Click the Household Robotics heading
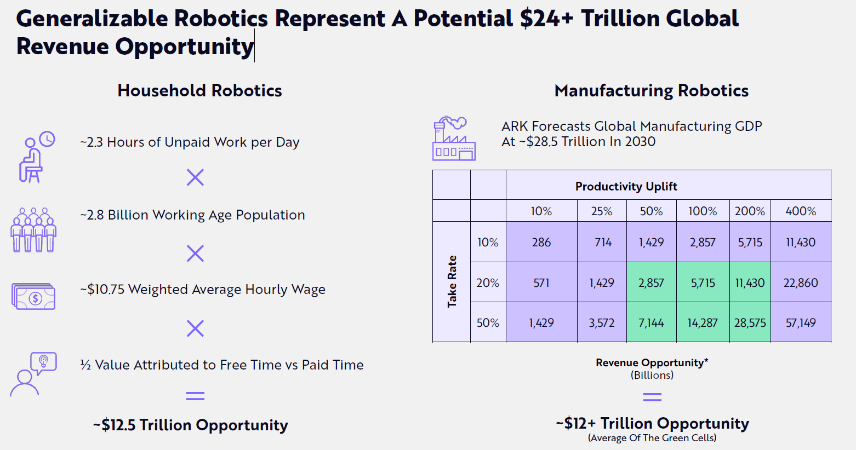click(199, 90)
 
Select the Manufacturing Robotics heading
click(651, 90)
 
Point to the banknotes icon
click(33, 296)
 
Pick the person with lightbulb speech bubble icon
click(33, 374)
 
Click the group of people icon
click(33, 230)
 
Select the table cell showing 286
click(541, 242)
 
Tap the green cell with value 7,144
click(651, 322)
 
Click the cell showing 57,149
click(801, 322)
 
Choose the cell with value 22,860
click(801, 282)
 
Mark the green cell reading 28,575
click(750, 322)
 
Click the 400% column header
click(801, 211)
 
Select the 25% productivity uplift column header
click(601, 211)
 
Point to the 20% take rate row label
click(488, 282)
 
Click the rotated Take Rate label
click(452, 281)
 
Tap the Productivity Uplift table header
click(626, 186)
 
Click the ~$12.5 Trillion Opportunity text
click(190, 425)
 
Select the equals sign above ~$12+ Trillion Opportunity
click(652, 397)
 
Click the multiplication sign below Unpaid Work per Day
click(195, 177)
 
